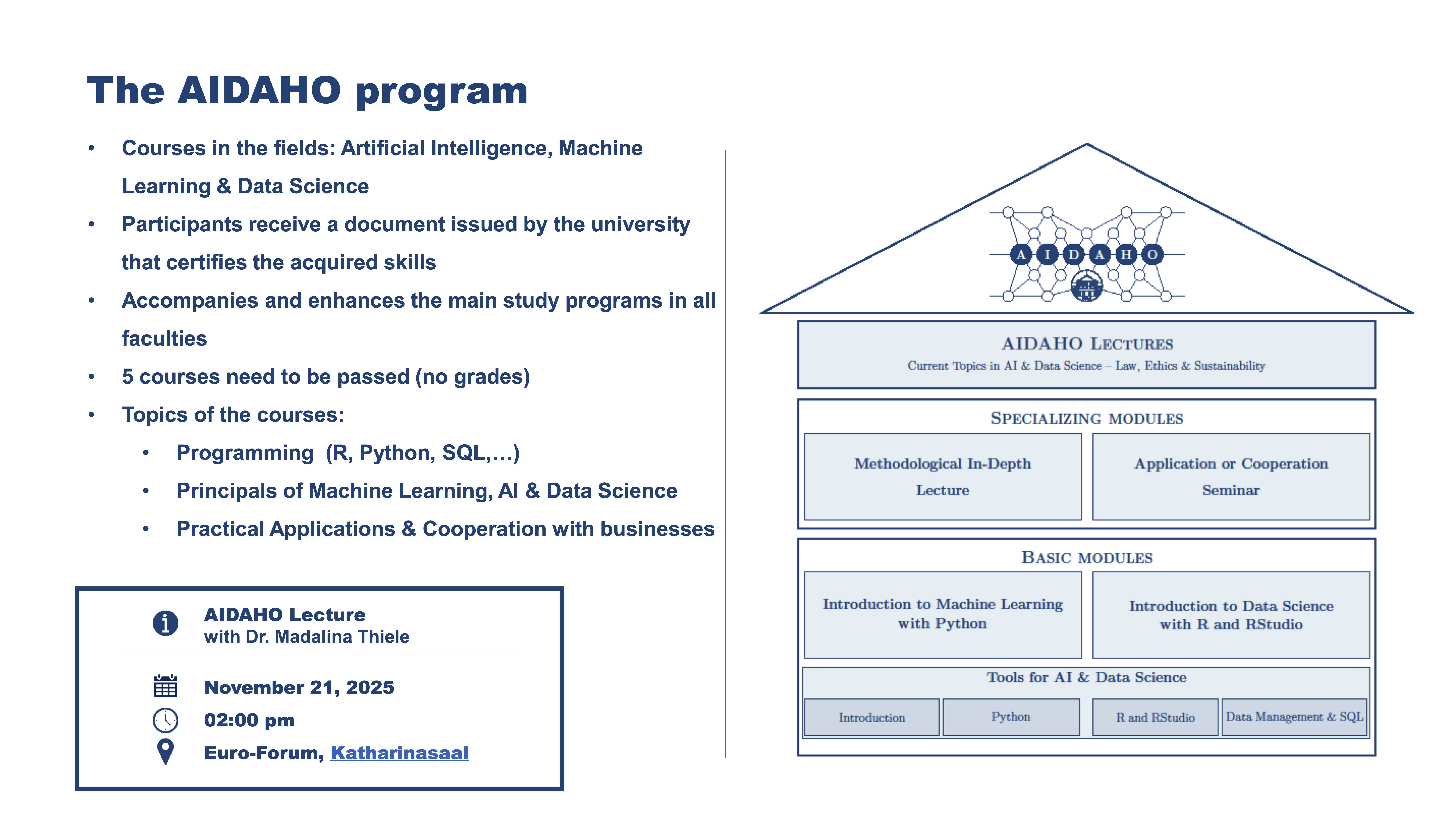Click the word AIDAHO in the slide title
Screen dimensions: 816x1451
(x=259, y=91)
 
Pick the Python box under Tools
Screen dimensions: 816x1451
(x=1011, y=717)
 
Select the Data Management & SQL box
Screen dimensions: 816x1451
(x=1294, y=717)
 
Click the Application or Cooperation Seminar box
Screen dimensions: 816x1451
(x=1231, y=476)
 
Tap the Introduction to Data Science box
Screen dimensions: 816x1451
(x=1231, y=615)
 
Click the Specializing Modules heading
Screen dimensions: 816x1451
(x=1087, y=418)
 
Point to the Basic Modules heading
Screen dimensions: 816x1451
(x=1087, y=558)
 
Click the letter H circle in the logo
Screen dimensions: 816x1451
(x=1126, y=255)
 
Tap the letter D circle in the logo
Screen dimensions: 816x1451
(x=1074, y=255)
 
